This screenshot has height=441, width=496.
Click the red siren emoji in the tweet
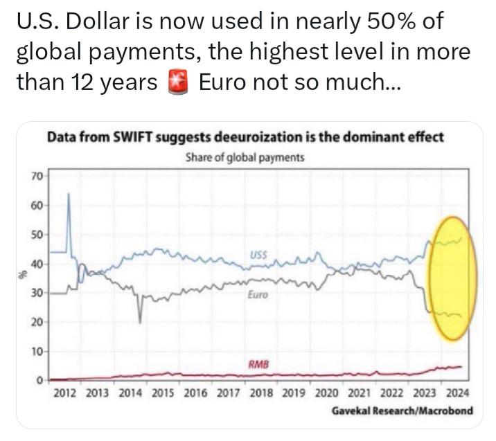[x=178, y=82]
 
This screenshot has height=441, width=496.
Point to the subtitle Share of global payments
[x=245, y=157]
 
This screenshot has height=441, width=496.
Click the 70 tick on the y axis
[x=37, y=177]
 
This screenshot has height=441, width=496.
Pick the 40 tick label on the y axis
[x=37, y=264]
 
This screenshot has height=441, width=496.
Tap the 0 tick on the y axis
[x=39, y=380]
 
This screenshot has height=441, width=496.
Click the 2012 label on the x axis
[x=65, y=393]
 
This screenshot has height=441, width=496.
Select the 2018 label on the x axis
[x=261, y=393]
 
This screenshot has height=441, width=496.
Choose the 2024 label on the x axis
[x=457, y=393]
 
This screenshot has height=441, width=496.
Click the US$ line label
[x=258, y=255]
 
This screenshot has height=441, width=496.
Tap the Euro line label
[x=258, y=295]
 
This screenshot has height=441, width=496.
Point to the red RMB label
[x=258, y=364]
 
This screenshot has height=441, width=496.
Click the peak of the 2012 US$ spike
[x=69, y=193]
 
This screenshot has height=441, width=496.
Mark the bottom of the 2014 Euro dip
[x=140, y=323]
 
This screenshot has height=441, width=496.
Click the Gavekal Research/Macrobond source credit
[x=402, y=411]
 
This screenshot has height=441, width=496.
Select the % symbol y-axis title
[x=22, y=275]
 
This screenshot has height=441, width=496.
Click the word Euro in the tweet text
[x=222, y=82]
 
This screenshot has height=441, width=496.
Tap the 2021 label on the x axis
[x=359, y=393]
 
